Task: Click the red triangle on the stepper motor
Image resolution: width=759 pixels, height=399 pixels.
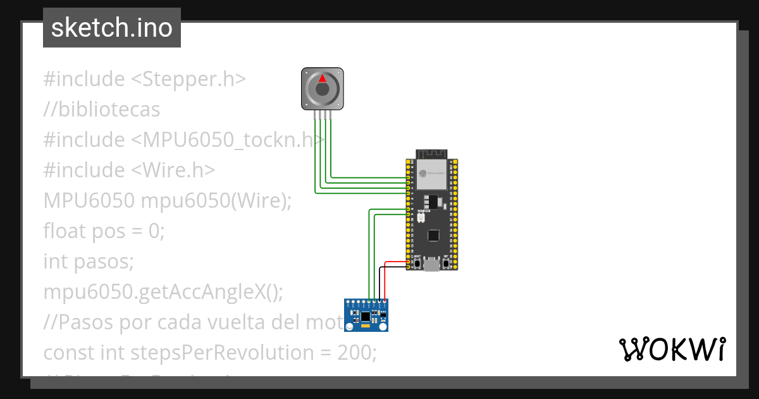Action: [322, 79]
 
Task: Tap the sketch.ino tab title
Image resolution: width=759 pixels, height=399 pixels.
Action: [112, 28]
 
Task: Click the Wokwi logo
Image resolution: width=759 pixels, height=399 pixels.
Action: [672, 349]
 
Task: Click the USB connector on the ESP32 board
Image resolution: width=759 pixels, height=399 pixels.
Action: [432, 264]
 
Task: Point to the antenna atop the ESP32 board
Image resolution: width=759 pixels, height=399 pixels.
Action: [431, 153]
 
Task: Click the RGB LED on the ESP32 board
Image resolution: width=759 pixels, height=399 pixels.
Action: [421, 217]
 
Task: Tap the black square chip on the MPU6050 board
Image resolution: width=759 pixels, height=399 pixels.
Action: [366, 315]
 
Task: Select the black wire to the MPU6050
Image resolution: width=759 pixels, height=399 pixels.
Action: [380, 282]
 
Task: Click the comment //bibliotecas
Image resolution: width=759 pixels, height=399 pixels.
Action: [102, 110]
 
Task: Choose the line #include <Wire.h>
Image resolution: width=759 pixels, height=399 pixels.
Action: [129, 170]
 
